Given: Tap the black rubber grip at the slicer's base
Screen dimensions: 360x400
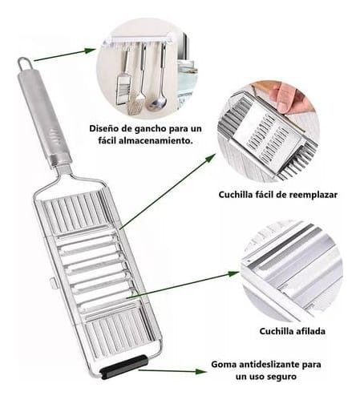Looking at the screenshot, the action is pos(124,366).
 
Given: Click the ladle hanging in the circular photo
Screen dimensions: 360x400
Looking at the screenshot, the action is pos(159,78).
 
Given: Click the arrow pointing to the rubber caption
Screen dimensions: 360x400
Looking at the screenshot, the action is pos(172,371).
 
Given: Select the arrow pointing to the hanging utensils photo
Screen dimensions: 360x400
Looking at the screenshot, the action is pos(65,55).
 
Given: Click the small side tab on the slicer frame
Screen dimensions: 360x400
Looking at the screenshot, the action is pos(53,283).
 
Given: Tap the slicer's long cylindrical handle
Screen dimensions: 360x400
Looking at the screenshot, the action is pos(44,119).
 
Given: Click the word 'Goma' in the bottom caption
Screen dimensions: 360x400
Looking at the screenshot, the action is pos(224,364).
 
